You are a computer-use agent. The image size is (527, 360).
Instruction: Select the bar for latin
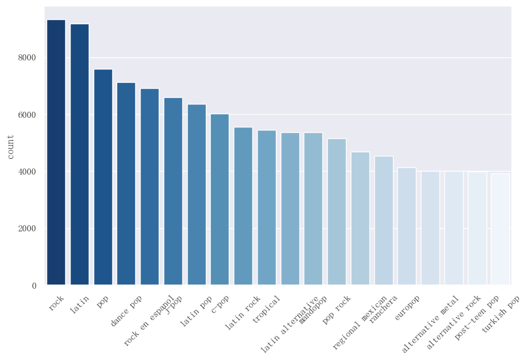80,154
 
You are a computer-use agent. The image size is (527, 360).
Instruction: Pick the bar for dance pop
126,184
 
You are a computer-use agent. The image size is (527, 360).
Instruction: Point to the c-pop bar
220,199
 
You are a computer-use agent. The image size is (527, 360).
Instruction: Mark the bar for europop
407,227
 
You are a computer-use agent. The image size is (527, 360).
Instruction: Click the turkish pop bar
500,229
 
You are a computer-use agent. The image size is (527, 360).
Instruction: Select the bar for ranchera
383,220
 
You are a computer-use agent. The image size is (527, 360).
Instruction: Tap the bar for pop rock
337,212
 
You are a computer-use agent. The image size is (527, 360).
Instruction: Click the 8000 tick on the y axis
27,58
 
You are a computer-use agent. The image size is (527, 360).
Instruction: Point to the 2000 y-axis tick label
27,229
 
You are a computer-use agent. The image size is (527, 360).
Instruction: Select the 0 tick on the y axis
34,286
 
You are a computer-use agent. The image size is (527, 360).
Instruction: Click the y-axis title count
11,146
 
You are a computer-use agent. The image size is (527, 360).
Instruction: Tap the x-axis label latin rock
243,313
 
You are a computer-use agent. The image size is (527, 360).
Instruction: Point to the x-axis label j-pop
173,304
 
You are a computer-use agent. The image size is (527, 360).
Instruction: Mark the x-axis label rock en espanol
149,321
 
